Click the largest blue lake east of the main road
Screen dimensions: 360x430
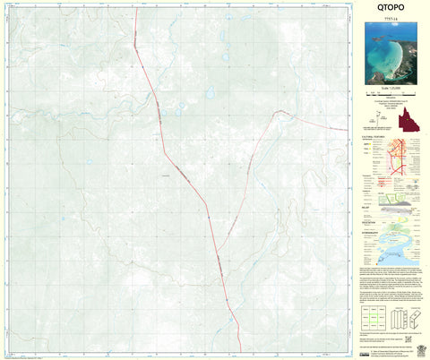point(210,92)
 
